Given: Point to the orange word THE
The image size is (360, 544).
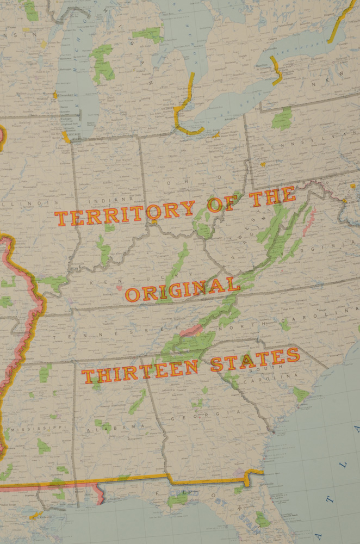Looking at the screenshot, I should point(273,197).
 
